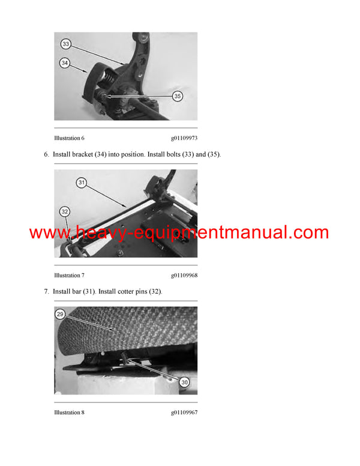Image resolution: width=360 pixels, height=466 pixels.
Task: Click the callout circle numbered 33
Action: [x=65, y=44]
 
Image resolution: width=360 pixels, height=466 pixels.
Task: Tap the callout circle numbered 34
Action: [x=65, y=62]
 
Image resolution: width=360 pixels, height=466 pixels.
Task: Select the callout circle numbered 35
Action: [x=177, y=95]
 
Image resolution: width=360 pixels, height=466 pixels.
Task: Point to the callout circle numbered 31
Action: [x=82, y=182]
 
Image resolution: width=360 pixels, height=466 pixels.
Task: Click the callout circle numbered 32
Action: [x=65, y=211]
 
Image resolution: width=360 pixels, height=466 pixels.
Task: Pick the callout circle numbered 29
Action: [x=59, y=315]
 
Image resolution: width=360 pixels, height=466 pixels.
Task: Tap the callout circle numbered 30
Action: [x=184, y=382]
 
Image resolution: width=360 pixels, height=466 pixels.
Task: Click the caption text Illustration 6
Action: [x=69, y=138]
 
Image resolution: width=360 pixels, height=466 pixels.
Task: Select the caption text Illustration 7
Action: [x=69, y=275]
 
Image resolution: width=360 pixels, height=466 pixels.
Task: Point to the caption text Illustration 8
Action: [x=69, y=413]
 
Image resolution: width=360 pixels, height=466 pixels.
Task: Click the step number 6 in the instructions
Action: [x=46, y=154]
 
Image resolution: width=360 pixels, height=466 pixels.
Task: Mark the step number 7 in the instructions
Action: [x=46, y=291]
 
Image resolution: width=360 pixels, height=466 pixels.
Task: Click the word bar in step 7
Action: [x=79, y=291]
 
